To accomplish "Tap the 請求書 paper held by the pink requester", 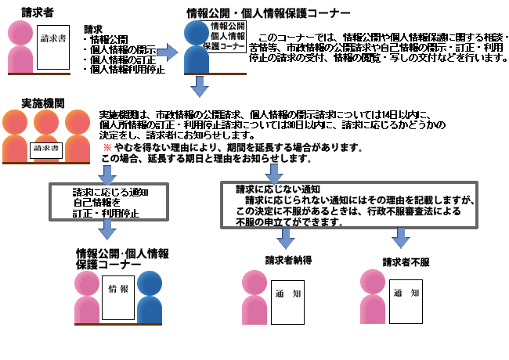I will click(x=53, y=38).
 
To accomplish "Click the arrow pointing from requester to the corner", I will click(x=168, y=52).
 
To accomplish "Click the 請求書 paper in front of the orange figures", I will click(x=45, y=148).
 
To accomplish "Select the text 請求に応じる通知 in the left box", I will click(x=110, y=191).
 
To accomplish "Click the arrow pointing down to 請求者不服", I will click(x=401, y=237).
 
